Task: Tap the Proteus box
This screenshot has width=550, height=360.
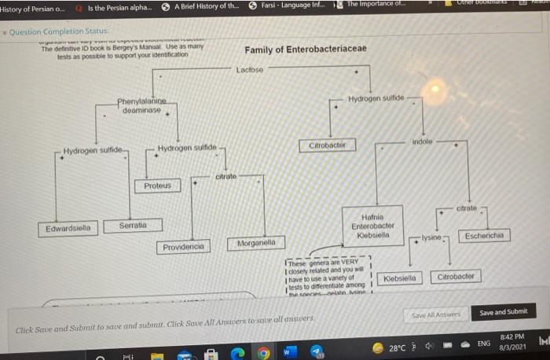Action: [x=158, y=186]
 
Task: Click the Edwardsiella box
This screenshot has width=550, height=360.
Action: [x=68, y=229]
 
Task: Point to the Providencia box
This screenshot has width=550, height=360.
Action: [x=183, y=247]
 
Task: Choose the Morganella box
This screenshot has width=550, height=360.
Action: [x=256, y=244]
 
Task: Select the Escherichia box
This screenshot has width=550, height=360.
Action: [x=487, y=235]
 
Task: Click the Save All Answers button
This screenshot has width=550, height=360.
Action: [x=436, y=314]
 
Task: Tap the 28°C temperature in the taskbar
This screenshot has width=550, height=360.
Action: [x=397, y=347]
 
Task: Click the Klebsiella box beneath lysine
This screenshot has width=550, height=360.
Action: [x=401, y=278]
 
